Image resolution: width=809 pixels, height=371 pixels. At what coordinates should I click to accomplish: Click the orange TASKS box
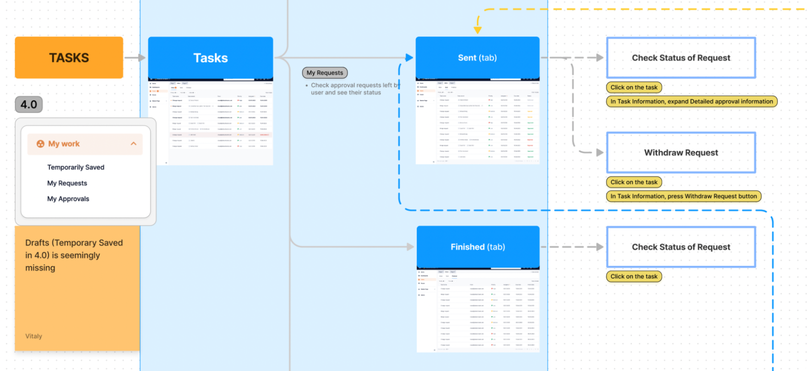pyautogui.click(x=69, y=58)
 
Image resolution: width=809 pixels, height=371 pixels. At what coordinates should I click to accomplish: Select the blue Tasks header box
pyautogui.click(x=210, y=58)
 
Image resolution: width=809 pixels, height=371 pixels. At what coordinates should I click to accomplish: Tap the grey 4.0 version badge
pyautogui.click(x=29, y=104)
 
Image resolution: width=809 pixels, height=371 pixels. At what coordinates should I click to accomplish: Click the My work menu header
pyautogui.click(x=64, y=144)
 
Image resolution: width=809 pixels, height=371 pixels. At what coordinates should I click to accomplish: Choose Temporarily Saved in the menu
pyautogui.click(x=76, y=167)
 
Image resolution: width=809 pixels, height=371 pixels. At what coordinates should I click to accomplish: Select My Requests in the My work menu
pyautogui.click(x=67, y=183)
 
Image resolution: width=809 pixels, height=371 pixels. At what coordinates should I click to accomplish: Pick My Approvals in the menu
pyautogui.click(x=68, y=199)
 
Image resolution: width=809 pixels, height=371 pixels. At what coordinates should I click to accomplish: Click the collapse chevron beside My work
pyautogui.click(x=133, y=144)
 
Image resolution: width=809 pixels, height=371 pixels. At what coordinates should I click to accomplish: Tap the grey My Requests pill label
pyautogui.click(x=325, y=73)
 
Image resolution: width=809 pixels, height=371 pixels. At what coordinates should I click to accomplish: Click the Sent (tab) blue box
pyautogui.click(x=477, y=58)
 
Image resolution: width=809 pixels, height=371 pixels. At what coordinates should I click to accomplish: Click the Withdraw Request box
pyautogui.click(x=681, y=153)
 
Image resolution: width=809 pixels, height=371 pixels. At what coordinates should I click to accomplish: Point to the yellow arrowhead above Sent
pyautogui.click(x=478, y=30)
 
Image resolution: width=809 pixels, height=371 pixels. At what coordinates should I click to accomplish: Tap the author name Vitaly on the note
pyautogui.click(x=34, y=336)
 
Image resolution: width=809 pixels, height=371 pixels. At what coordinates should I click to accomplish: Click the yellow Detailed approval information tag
pyautogui.click(x=691, y=101)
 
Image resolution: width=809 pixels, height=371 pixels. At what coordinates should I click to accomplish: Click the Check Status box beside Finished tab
pyautogui.click(x=681, y=247)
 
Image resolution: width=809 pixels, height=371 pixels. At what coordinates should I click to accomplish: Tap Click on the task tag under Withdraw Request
pyautogui.click(x=634, y=182)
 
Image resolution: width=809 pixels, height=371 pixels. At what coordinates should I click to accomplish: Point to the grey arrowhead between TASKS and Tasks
pyautogui.click(x=142, y=58)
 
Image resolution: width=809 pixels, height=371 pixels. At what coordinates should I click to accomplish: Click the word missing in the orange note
pyautogui.click(x=40, y=268)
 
